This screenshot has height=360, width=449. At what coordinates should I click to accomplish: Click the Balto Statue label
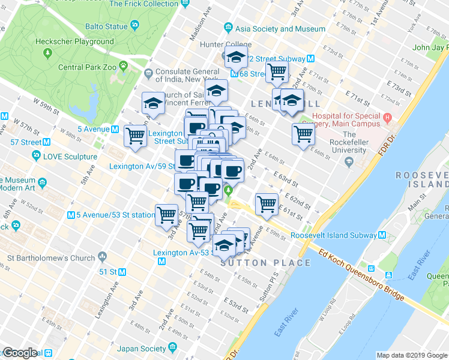(103, 26)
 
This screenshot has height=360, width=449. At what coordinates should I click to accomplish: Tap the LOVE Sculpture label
(70, 157)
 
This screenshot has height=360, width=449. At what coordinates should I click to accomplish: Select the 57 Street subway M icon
(46, 142)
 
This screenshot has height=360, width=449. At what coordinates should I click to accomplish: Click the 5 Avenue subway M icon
(114, 129)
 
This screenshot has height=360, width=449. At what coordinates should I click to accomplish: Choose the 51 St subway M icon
(122, 272)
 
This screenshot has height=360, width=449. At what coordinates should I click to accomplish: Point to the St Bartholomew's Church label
(48, 259)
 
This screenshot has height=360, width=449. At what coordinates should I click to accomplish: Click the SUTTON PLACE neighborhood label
(265, 263)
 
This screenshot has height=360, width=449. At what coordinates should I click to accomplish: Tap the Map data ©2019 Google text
(412, 355)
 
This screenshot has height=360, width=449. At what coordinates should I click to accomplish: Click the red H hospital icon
(387, 117)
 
